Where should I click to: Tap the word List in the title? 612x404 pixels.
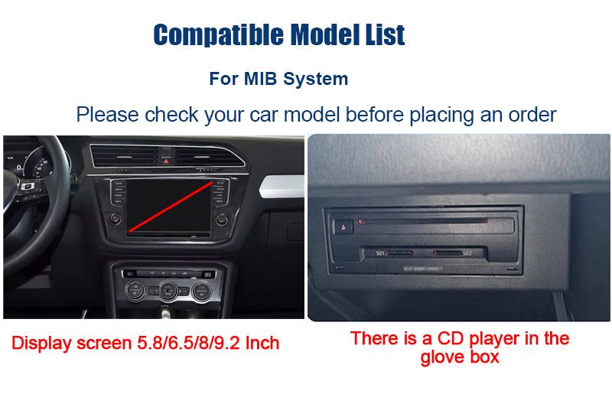coord(381,34)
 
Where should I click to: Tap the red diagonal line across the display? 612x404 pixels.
coord(171,207)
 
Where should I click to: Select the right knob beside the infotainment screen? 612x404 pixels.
coord(222,219)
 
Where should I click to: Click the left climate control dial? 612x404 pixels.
coord(135,290)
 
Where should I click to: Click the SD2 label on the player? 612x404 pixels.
coord(467,252)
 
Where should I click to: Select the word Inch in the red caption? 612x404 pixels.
coord(262,344)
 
